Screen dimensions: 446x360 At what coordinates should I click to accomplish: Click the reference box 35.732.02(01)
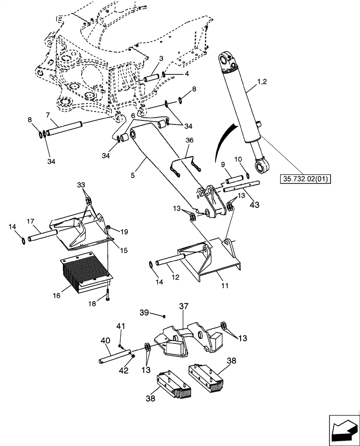click(x=307, y=180)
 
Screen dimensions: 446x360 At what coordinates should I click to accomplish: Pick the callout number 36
click(x=189, y=140)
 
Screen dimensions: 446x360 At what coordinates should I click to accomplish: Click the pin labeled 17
click(x=42, y=235)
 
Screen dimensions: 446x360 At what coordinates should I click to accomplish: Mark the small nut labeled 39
click(x=164, y=316)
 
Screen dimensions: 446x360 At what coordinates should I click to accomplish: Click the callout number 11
click(x=225, y=285)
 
